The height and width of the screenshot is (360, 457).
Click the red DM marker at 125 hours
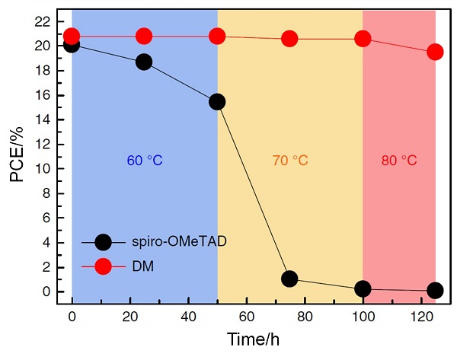(436, 53)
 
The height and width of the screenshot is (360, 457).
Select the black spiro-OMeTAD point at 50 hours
(217, 102)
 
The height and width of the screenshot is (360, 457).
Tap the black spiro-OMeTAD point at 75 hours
(289, 279)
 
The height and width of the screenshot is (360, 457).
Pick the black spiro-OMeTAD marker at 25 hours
(144, 62)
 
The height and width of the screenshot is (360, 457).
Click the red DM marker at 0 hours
(72, 37)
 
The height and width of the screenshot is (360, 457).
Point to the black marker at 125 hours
(436, 290)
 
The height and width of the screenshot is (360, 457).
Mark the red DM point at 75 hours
(289, 39)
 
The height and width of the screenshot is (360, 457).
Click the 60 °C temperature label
(145, 161)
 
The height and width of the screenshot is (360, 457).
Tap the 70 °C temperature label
(289, 161)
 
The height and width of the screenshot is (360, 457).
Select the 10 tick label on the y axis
(43, 168)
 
